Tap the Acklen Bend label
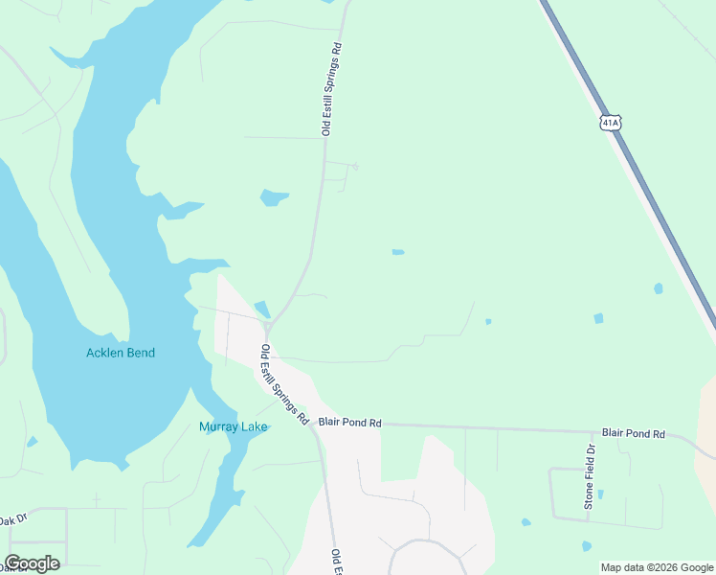point(121,353)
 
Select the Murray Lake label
point(233,426)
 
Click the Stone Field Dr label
point(591,475)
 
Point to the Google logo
point(32,563)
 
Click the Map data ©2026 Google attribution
point(657,567)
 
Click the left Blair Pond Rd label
point(349,422)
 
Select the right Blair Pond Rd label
point(633,433)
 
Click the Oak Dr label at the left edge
point(13,520)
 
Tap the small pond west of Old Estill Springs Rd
point(274,198)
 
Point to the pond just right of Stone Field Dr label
point(600,495)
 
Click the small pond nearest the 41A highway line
point(658,287)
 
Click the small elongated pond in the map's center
point(397,252)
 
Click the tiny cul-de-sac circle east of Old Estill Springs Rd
point(354,167)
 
